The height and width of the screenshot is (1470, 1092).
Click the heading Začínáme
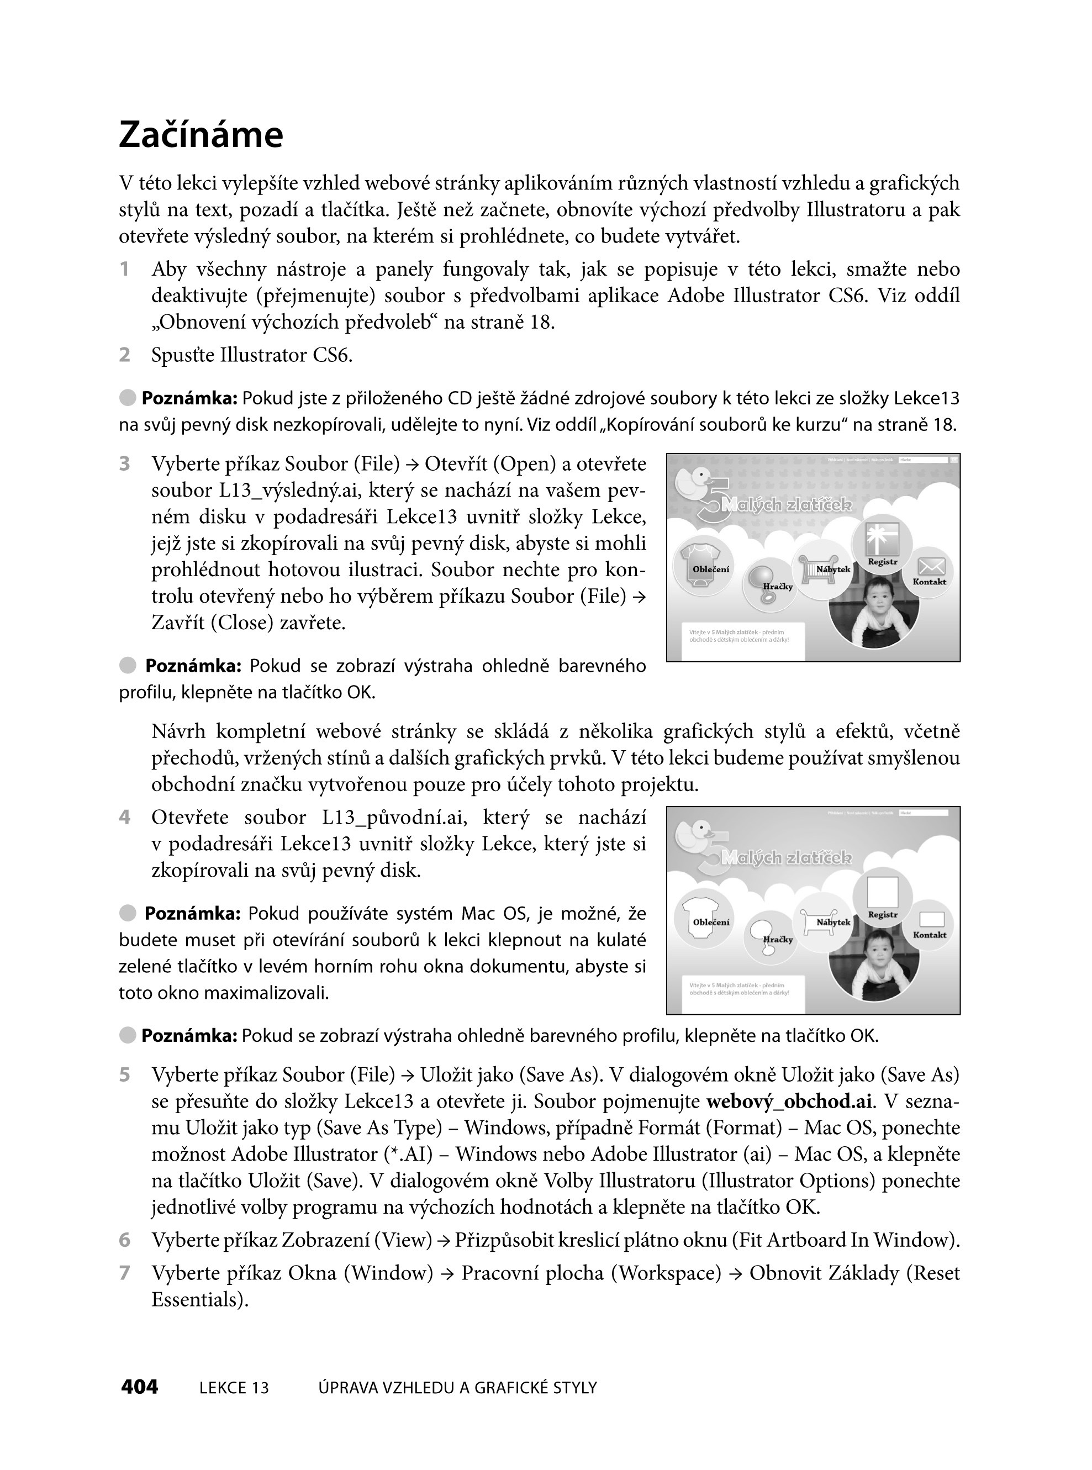tap(201, 135)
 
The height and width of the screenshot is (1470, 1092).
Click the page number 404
tap(140, 1387)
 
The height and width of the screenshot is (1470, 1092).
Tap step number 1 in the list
tap(124, 269)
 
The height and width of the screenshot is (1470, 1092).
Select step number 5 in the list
tap(125, 1074)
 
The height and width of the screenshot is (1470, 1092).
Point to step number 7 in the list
tap(125, 1273)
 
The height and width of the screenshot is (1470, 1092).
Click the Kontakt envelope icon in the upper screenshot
tap(931, 566)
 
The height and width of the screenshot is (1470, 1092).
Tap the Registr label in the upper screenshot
tap(883, 561)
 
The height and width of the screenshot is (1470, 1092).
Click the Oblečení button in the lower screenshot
tap(710, 921)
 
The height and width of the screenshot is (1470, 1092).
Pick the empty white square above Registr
tap(883, 892)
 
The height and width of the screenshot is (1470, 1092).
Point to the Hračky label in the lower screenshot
tap(778, 939)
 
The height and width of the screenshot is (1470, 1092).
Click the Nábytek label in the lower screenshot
tap(833, 921)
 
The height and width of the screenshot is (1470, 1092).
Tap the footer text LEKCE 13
tap(234, 1388)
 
